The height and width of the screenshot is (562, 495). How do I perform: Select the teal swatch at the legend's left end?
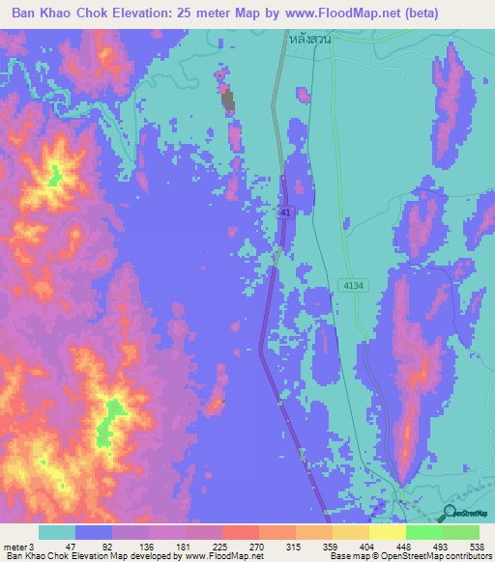click(x=56, y=532)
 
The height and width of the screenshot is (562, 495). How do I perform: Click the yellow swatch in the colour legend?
click(x=387, y=532)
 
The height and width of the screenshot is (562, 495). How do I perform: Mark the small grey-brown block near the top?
click(x=228, y=101)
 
